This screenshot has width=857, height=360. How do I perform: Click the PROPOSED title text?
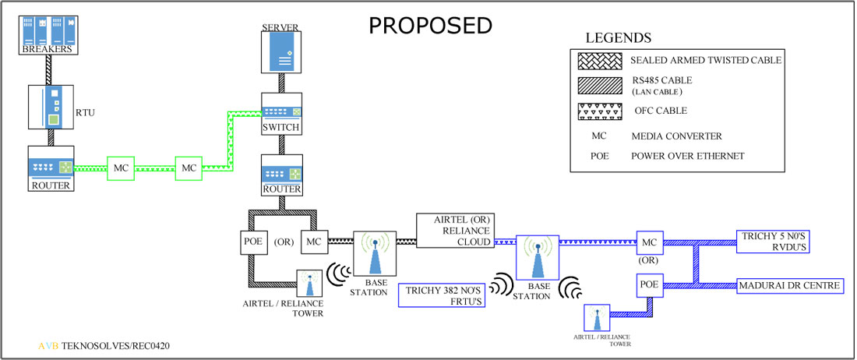(x=430, y=25)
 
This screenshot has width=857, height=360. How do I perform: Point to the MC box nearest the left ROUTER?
(x=121, y=167)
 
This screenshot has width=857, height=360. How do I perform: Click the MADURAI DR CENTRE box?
(x=789, y=286)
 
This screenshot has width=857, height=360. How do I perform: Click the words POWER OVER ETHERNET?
(x=688, y=156)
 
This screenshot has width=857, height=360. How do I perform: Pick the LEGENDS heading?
(x=619, y=37)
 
